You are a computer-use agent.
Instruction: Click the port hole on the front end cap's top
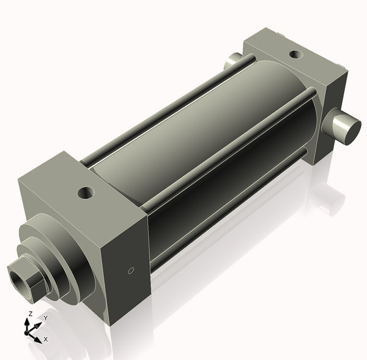click(85, 194)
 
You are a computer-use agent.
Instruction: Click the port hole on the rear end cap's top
click(295, 54)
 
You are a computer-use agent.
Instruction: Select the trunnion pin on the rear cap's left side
click(233, 60)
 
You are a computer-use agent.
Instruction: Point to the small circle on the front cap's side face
click(130, 269)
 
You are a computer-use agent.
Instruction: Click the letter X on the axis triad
click(46, 339)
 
